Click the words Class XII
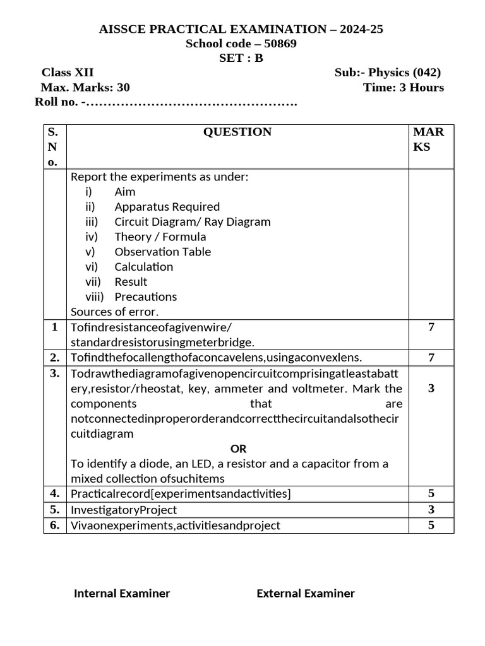coord(68,73)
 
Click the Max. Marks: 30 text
coord(85,88)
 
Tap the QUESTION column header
coord(237,132)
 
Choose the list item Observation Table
coord(162,252)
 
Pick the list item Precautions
coord(145,297)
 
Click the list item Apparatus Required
coord(167,207)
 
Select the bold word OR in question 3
coord(238,449)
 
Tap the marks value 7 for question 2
coord(431,358)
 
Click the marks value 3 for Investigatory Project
coord(431,509)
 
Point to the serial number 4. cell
coord(55,493)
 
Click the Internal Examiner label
coord(122,593)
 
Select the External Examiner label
coord(305,593)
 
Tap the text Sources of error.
coord(115,312)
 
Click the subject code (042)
coord(426,73)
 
